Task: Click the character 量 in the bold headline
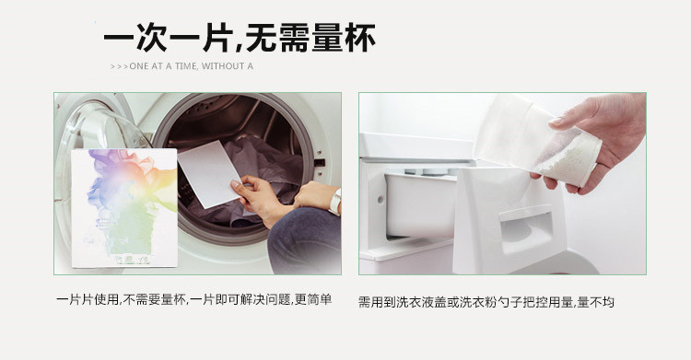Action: click(x=326, y=38)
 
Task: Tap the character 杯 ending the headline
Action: click(x=360, y=38)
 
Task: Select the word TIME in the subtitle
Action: click(x=186, y=66)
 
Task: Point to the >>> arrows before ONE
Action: click(x=119, y=66)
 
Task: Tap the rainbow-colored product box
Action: click(x=124, y=208)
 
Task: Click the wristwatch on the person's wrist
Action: click(x=335, y=203)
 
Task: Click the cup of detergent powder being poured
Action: click(x=537, y=138)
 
